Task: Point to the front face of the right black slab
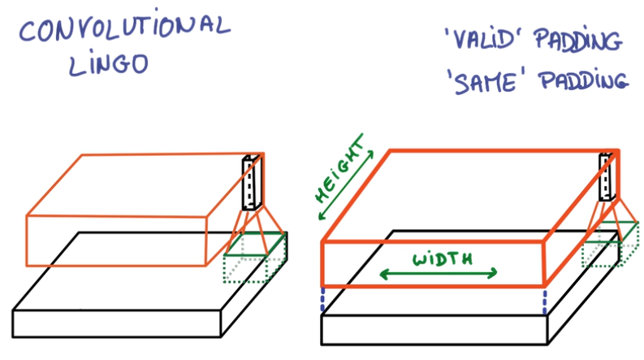[434, 328]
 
